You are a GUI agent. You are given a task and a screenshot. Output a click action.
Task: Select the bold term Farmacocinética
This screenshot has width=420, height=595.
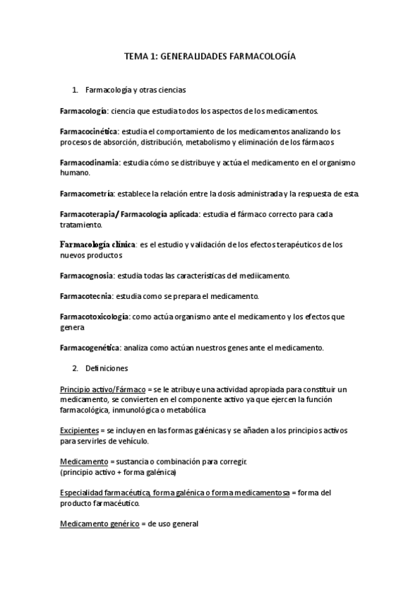pyautogui.click(x=90, y=131)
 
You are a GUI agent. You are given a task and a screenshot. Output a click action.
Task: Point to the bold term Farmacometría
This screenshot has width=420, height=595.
pyautogui.click(x=88, y=193)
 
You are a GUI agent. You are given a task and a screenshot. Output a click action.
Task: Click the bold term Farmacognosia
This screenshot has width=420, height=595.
pyautogui.click(x=87, y=276)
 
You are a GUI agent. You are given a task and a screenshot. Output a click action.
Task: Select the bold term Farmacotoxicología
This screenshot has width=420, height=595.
pyautogui.click(x=94, y=317)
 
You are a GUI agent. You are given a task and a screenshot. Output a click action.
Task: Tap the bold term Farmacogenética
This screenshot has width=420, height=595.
pyautogui.click(x=90, y=347)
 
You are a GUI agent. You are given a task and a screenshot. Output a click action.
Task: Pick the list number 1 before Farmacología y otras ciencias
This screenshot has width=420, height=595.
pyautogui.click(x=75, y=91)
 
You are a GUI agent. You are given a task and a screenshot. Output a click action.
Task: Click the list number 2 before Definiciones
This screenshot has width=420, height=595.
pyautogui.click(x=75, y=368)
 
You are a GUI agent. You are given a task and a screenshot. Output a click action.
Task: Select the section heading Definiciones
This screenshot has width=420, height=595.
pyautogui.click(x=106, y=368)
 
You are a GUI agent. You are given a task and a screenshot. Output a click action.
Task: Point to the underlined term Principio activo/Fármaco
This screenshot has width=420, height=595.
pyautogui.click(x=102, y=389)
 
